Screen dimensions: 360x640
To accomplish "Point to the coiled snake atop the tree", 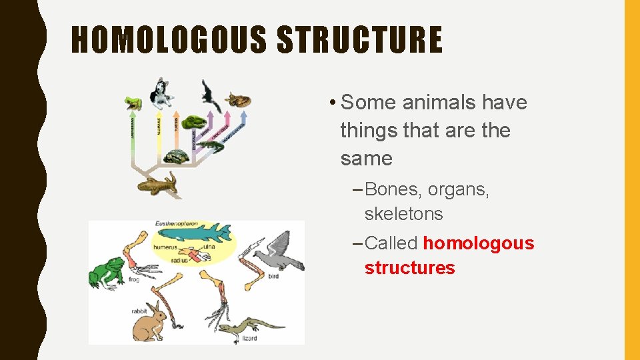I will [237, 99].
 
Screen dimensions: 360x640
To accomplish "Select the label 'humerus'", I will [165, 247].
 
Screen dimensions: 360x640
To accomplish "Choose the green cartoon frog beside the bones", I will [107, 271].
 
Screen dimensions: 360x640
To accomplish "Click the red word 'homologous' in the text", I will [478, 243].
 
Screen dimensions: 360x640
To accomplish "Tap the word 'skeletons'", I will [403, 214].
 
